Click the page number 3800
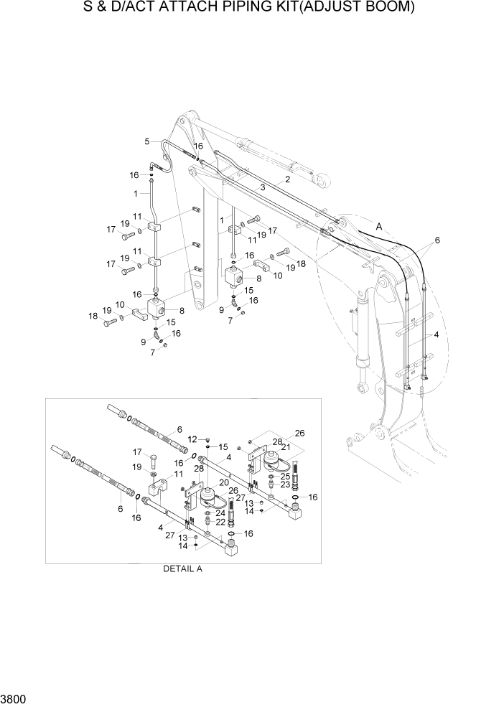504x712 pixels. click(13, 699)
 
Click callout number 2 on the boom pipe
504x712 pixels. click(287, 179)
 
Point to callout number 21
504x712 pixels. click(286, 447)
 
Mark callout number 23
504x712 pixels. click(285, 484)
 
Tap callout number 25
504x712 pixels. click(285, 474)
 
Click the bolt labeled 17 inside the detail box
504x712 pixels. click(154, 457)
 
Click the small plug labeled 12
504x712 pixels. click(206, 439)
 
